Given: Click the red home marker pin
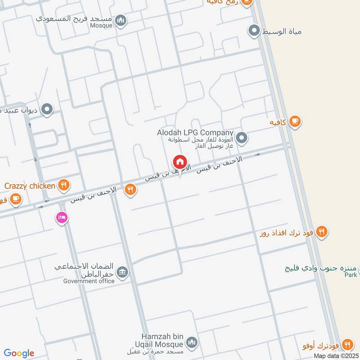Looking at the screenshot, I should click(180, 162).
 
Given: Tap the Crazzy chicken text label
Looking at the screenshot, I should click(30, 185).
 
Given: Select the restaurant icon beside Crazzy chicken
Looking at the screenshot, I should click(64, 184).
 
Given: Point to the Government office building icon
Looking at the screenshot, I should click(122, 272).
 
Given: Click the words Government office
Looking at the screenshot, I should click(89, 281).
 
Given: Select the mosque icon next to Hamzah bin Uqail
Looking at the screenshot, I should click(192, 343).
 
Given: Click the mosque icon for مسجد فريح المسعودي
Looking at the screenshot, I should click(120, 20).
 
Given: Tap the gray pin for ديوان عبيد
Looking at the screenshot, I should click(47, 109).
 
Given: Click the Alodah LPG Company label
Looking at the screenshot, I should click(195, 133).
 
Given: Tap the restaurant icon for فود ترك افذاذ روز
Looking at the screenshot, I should click(321, 232).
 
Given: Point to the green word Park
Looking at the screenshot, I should click(351, 274).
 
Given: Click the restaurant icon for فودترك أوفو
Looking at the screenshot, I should click(347, 344).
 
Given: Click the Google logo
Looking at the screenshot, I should click(19, 353).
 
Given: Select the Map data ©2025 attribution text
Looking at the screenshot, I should click(335, 355).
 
